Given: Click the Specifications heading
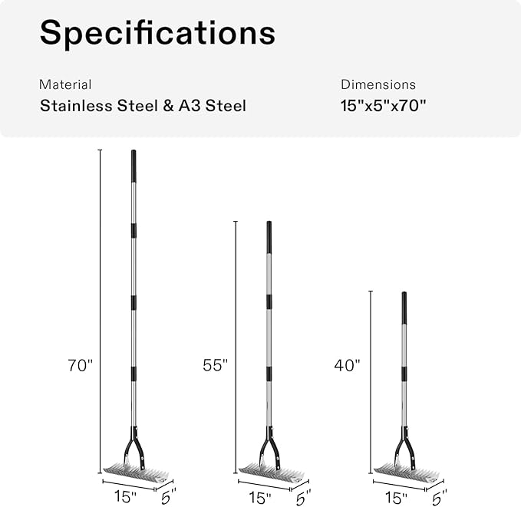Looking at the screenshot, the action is pyautogui.click(x=157, y=32).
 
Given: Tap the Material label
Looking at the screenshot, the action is pyautogui.click(x=65, y=84).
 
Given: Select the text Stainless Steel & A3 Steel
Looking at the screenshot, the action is pyautogui.click(x=143, y=106).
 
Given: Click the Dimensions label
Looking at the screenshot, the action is pyautogui.click(x=378, y=84).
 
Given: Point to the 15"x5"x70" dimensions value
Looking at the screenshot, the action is pyautogui.click(x=383, y=106).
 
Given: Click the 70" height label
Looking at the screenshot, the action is pyautogui.click(x=80, y=365).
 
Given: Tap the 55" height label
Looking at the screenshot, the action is pyautogui.click(x=216, y=365).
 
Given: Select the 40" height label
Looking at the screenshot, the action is pyautogui.click(x=348, y=365).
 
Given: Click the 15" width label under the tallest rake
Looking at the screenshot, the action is pyautogui.click(x=125, y=497).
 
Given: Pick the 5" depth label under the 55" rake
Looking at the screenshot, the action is pyautogui.click(x=303, y=497).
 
